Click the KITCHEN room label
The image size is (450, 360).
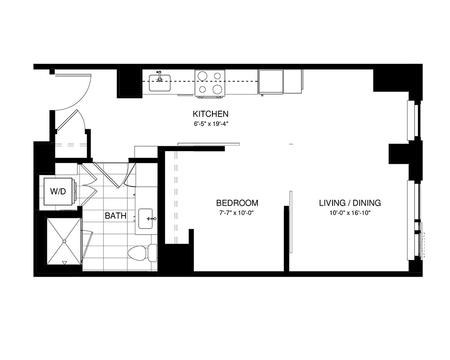(x=211, y=114)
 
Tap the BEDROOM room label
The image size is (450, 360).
(x=237, y=203)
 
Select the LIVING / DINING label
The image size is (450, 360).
(x=350, y=203)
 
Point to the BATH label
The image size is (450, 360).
(x=116, y=216)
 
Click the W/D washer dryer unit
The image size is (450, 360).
(x=57, y=192)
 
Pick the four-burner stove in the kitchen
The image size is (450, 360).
(x=210, y=83)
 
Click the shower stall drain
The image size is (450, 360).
(x=64, y=241)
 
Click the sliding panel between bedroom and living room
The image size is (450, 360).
(x=291, y=223)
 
